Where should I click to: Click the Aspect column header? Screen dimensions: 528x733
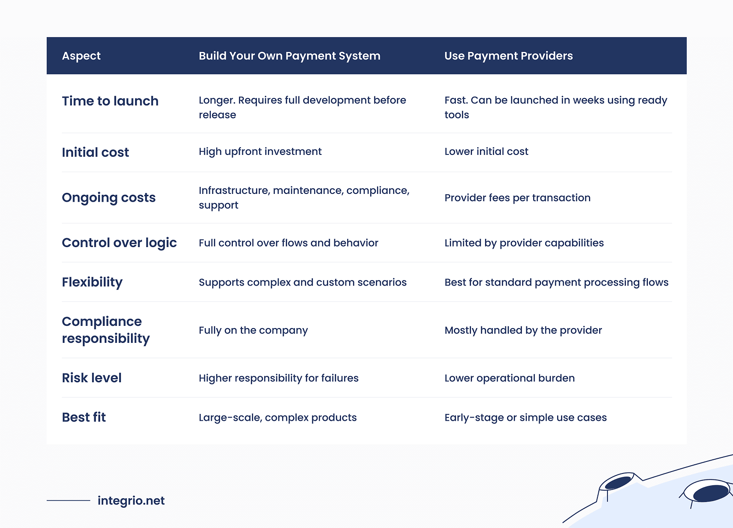[81, 56]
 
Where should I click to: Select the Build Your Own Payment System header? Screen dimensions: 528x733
[290, 56]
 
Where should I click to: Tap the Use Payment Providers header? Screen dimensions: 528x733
[509, 56]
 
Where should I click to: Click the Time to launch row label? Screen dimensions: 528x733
[110, 101]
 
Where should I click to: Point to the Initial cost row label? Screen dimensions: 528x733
[95, 152]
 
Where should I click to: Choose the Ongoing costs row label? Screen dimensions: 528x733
[109, 198]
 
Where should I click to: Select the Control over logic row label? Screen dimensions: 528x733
[119, 242]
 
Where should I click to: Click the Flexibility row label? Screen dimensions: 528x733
[92, 282]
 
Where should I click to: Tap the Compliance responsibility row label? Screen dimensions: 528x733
[105, 330]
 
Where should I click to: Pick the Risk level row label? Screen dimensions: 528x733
[92, 378]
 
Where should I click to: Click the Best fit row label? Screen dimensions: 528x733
[84, 417]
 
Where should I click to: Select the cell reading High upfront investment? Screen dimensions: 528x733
[260, 152]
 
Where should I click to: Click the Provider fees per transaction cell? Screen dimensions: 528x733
[517, 198]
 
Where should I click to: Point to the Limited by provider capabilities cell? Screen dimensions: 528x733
[524, 243]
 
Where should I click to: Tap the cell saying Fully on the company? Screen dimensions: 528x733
[253, 330]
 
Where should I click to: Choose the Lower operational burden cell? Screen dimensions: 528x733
[509, 378]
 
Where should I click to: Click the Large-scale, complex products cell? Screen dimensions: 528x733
[278, 418]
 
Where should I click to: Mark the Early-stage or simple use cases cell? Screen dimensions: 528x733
[525, 418]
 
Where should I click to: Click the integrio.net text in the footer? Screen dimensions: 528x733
[131, 500]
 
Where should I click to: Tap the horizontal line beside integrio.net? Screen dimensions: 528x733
[68, 500]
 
